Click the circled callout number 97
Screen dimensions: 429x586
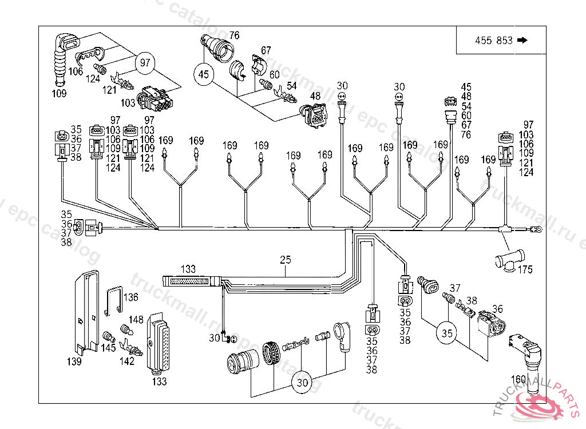(145, 62)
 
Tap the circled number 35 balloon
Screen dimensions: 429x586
(447, 333)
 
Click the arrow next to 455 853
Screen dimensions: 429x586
(521, 40)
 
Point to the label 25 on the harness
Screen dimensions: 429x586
(286, 260)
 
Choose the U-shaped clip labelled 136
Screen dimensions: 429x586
(116, 300)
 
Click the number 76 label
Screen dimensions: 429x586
(235, 35)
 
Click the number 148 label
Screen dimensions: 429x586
(136, 320)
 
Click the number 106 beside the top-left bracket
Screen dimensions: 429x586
(76, 71)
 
